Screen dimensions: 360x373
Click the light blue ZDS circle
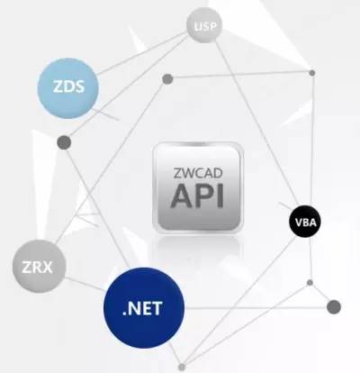pos(68,88)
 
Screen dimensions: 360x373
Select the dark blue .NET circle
pos(144,308)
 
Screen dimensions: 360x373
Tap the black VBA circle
pos(305,222)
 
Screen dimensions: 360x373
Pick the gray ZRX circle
pos(39,267)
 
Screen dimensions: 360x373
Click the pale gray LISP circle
pos(204,26)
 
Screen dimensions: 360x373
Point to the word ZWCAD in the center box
pos(198,173)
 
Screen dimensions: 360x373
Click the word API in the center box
pos(197,196)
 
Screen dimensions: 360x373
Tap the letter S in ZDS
pos(78,86)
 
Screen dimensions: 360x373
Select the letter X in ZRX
pos(46,267)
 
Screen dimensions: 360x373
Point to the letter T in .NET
pos(157,308)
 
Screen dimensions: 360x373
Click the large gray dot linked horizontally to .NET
pos(334,307)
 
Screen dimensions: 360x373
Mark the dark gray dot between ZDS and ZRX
pos(64,142)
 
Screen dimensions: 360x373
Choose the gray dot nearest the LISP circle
pos(167,79)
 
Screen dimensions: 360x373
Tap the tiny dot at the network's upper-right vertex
pos(312,73)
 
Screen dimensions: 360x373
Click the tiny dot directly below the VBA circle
pos(310,283)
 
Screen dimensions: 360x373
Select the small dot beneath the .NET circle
pos(182,367)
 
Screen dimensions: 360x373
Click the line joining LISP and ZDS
pos(141,53)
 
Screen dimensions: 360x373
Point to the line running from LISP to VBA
pos(257,123)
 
